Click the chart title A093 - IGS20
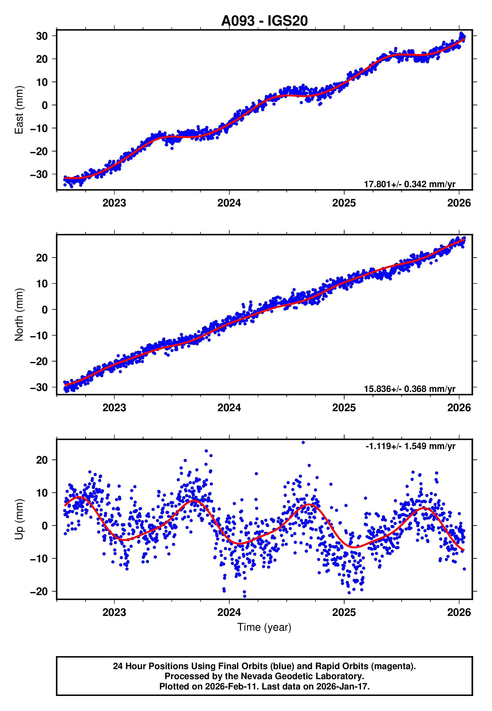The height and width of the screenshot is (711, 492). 264,21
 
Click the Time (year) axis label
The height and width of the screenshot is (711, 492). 264,627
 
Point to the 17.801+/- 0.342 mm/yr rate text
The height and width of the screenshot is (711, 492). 409,184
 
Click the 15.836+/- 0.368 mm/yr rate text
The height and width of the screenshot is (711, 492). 409,389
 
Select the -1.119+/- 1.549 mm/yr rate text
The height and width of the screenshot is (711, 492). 410,446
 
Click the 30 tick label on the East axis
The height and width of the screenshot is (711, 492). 42,36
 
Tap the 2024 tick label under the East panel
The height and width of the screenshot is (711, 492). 229,203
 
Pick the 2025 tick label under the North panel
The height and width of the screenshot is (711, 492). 344,408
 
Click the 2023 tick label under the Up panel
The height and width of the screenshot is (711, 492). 114,612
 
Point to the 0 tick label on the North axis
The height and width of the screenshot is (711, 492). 45,310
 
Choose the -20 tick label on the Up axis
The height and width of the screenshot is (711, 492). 39,591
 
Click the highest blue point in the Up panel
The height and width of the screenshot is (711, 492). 303,443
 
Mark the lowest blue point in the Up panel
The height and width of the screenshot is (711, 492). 245,596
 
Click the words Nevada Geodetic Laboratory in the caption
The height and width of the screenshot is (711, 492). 302,676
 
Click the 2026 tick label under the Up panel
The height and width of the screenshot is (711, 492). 459,612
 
